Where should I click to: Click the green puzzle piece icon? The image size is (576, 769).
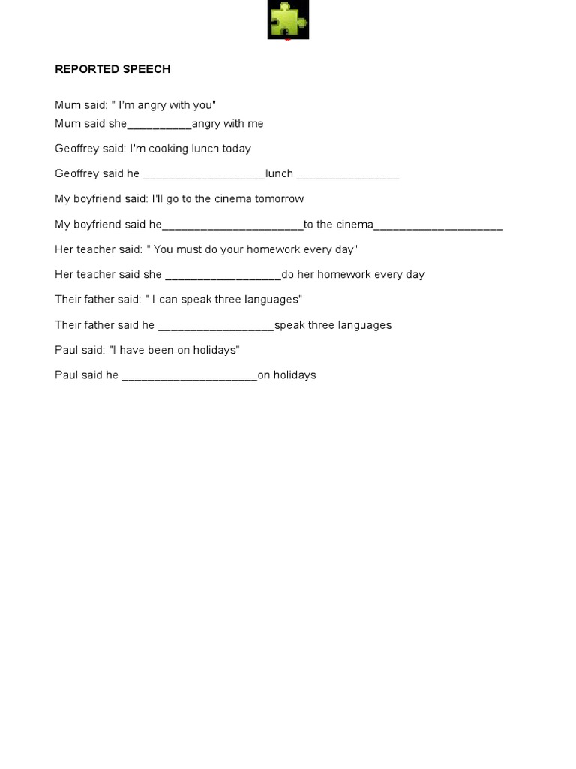click(x=288, y=20)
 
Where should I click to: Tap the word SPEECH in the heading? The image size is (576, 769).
click(x=147, y=69)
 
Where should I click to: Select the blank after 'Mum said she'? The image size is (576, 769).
click(x=160, y=124)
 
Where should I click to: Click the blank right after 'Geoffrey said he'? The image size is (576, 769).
click(x=203, y=174)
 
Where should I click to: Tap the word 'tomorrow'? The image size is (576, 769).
click(x=279, y=199)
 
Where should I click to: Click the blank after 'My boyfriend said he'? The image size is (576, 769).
click(x=232, y=225)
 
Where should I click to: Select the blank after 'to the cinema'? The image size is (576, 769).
click(x=438, y=225)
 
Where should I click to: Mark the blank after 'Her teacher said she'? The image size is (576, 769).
click(x=223, y=275)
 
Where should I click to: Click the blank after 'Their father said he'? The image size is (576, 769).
click(x=216, y=325)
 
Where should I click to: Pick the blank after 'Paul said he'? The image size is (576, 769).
click(x=189, y=375)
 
